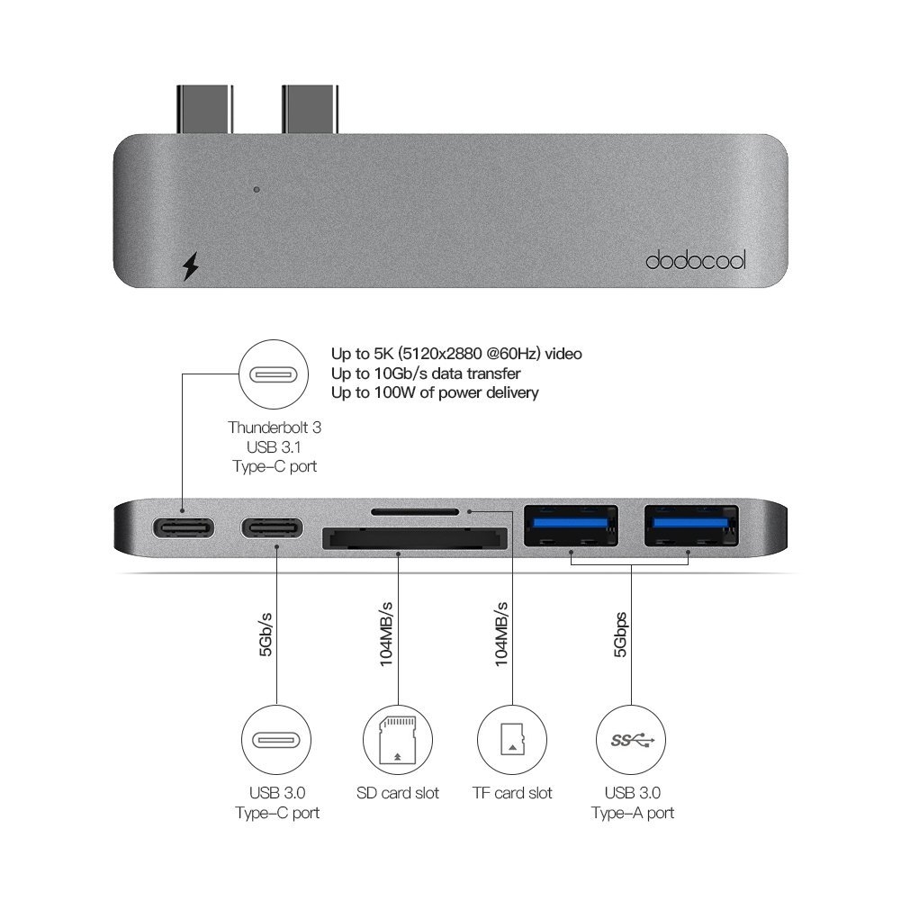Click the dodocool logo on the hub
pyautogui.click(x=695, y=260)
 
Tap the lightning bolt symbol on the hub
pyautogui.click(x=190, y=266)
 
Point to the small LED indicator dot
pyautogui.click(x=257, y=190)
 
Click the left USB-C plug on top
pyautogui.click(x=204, y=109)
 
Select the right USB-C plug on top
pyautogui.click(x=310, y=109)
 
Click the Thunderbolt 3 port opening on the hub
pyautogui.click(x=184, y=527)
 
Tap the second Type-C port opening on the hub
pyautogui.click(x=272, y=527)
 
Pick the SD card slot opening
pyautogui.click(x=414, y=538)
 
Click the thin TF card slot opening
pyautogui.click(x=415, y=511)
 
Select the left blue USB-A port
pyautogui.click(x=571, y=525)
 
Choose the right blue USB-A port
pyautogui.click(x=691, y=525)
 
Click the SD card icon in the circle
pyautogui.click(x=398, y=739)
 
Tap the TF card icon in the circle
pyautogui.click(x=512, y=740)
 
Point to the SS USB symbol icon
pyautogui.click(x=632, y=740)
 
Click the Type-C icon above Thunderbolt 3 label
pyautogui.click(x=274, y=375)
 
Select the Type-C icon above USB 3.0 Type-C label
pyautogui.click(x=276, y=740)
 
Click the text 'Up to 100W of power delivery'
pyautogui.click(x=435, y=393)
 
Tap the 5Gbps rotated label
pyautogui.click(x=620, y=635)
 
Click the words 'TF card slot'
pyautogui.click(x=512, y=793)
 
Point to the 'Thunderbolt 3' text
pyautogui.click(x=275, y=428)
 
